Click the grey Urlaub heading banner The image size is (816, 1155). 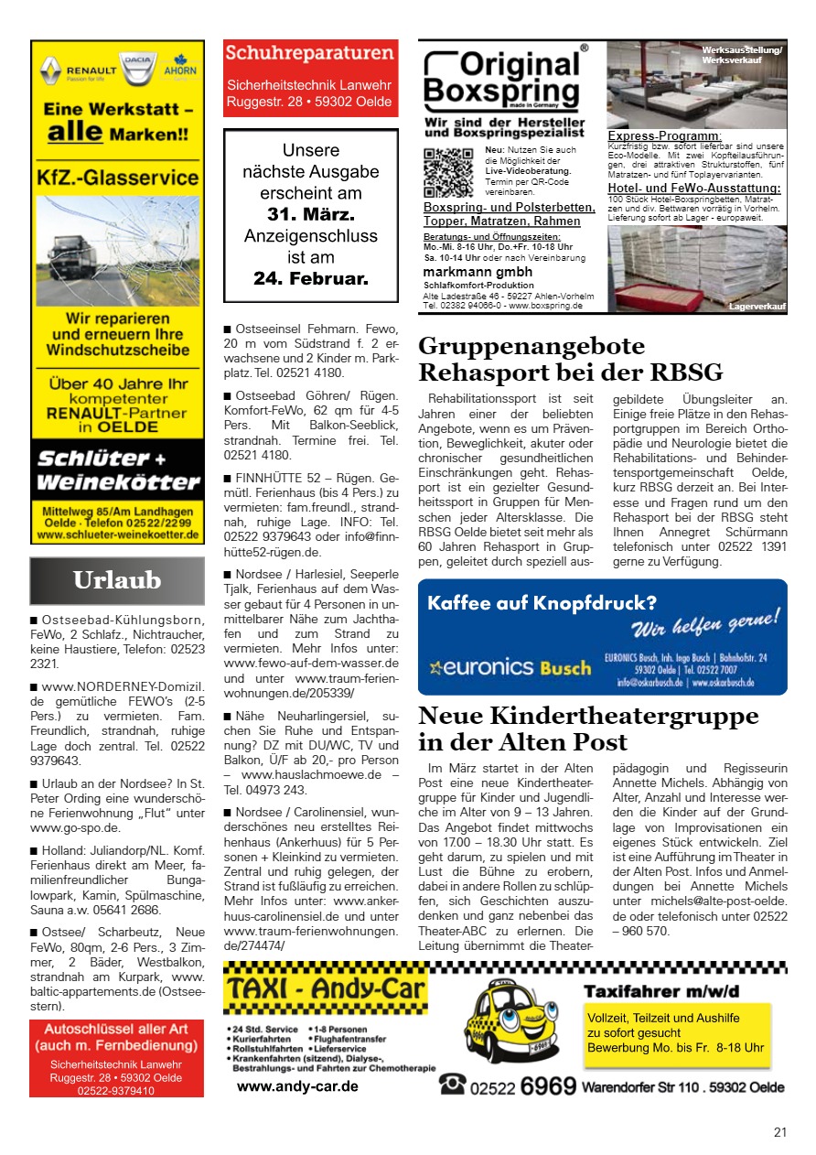pos(117,580)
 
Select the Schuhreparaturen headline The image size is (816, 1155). pos(310,53)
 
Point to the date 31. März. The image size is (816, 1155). pos(310,215)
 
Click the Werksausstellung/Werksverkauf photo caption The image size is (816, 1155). pos(742,55)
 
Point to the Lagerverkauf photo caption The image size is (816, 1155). pos(757,307)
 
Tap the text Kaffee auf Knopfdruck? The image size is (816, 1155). pos(542,603)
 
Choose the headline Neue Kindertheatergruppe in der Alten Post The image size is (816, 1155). pos(587,729)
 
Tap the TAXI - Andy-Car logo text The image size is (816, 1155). pos(327,989)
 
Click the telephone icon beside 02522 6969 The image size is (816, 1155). pos(451,1085)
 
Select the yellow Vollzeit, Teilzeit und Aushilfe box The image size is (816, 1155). pos(676,1033)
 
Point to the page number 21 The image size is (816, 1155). pos(779,1132)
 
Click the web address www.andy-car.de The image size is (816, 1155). pos(297,1087)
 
